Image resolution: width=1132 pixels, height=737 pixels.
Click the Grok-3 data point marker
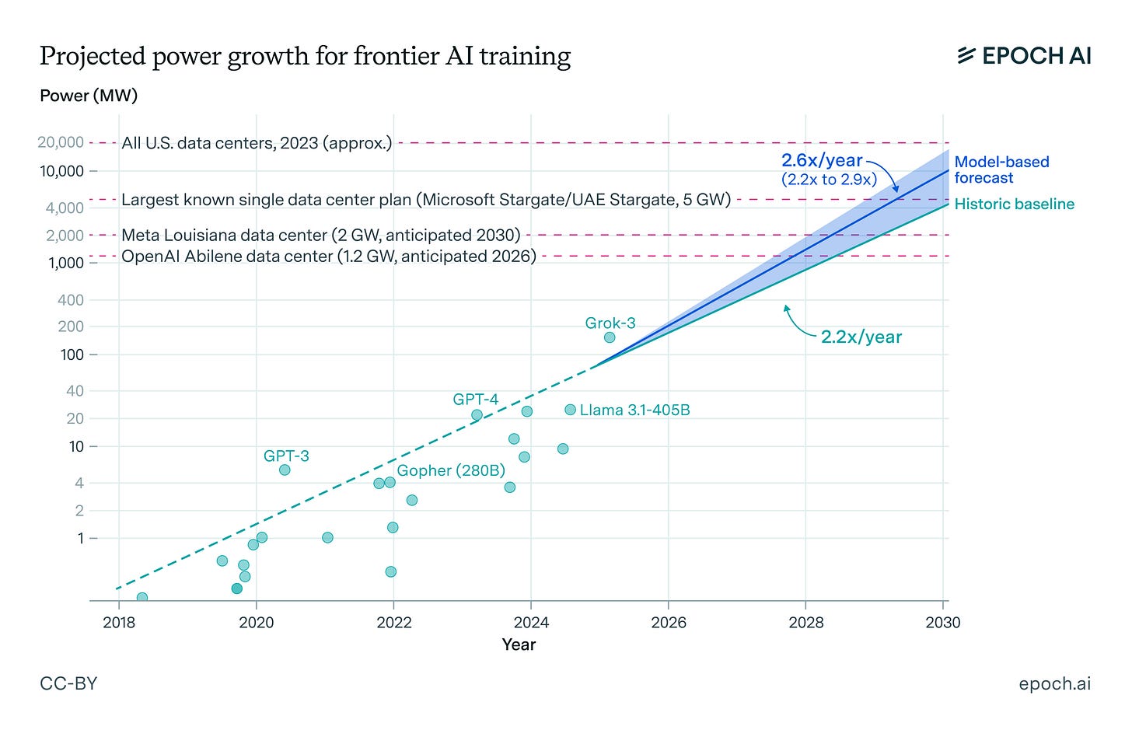(610, 337)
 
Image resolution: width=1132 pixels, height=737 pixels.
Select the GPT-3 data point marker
(285, 470)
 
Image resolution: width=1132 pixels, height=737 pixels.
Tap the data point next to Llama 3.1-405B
(570, 410)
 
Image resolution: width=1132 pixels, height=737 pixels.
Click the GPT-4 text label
(475, 399)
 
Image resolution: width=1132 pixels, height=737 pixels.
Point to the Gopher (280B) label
(451, 470)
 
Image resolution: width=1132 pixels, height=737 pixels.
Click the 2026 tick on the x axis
(669, 622)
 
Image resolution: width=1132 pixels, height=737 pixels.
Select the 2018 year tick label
(119, 622)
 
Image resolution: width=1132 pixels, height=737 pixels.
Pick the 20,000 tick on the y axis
(61, 142)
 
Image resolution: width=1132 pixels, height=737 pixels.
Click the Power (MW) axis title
(89, 96)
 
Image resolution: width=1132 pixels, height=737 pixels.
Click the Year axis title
(519, 644)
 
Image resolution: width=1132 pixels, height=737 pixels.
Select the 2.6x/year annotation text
(822, 161)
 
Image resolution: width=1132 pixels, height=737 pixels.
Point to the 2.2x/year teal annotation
(861, 337)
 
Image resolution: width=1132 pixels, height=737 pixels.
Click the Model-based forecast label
(1001, 169)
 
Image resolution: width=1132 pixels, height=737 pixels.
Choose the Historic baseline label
(1014, 204)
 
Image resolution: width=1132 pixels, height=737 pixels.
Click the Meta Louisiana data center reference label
(320, 235)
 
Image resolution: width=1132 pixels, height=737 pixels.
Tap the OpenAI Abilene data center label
(329, 256)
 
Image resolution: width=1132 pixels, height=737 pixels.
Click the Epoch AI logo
(1024, 55)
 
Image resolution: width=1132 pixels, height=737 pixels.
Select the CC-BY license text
(68, 683)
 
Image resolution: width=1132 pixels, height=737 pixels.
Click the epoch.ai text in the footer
(1054, 683)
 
